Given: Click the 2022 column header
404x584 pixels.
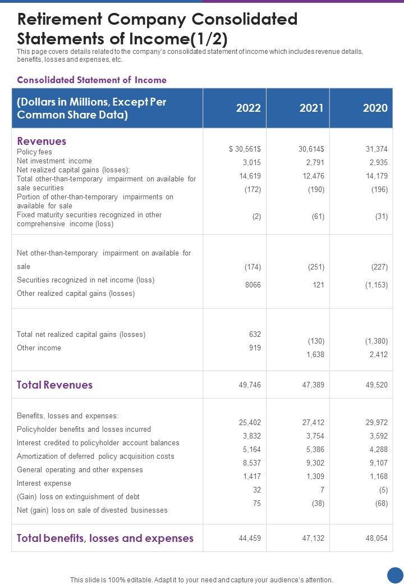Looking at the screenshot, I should pyautogui.click(x=248, y=108).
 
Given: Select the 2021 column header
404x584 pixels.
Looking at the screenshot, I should pyautogui.click(x=311, y=108).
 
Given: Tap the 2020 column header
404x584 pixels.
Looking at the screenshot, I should pyautogui.click(x=375, y=108).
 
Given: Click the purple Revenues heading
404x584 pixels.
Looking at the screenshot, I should pyautogui.click(x=42, y=141).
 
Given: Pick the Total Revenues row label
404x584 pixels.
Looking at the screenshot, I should pyautogui.click(x=54, y=385).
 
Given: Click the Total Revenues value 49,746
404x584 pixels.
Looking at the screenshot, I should pyautogui.click(x=250, y=385).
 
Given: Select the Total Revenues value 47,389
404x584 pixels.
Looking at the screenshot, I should pyautogui.click(x=313, y=385).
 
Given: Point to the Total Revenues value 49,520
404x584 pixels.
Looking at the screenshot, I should pyautogui.click(x=377, y=385).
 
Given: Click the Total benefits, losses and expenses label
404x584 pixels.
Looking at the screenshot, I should pyautogui.click(x=105, y=538).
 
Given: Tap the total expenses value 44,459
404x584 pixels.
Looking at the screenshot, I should pyautogui.click(x=250, y=538).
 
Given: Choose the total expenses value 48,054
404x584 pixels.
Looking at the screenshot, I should pyautogui.click(x=377, y=538).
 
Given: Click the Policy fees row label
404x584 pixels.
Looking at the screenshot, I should pyautogui.click(x=34, y=152).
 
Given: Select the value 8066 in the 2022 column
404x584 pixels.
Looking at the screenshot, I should pyautogui.click(x=253, y=285).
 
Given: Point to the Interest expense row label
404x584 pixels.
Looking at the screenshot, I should pyautogui.click(x=44, y=483).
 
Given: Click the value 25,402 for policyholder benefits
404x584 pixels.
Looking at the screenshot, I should pyautogui.click(x=250, y=422).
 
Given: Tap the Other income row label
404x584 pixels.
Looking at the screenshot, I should pyautogui.click(x=39, y=348).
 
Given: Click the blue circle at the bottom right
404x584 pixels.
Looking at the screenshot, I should pyautogui.click(x=396, y=575).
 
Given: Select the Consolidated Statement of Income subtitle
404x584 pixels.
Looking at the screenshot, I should pyautogui.click(x=91, y=80).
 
